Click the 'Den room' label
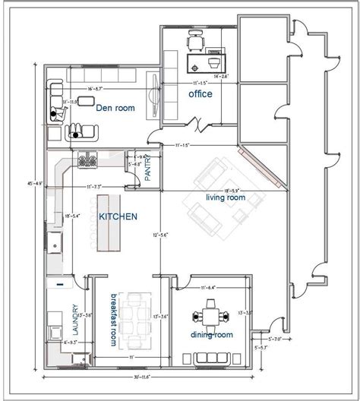tap(115, 109)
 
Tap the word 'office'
tap(201, 93)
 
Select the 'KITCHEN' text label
tap(118, 216)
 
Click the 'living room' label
tap(226, 197)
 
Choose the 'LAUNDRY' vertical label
tap(75, 320)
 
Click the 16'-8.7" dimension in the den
tap(100, 90)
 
